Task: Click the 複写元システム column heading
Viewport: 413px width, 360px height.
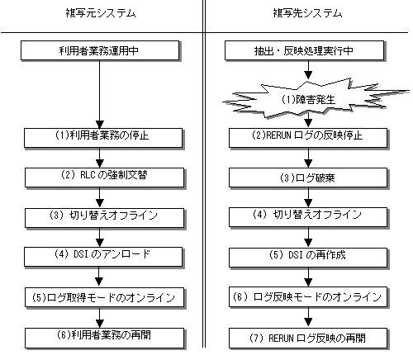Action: click(101, 13)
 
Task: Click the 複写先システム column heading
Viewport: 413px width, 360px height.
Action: click(307, 13)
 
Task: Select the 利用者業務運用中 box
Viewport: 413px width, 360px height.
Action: click(100, 50)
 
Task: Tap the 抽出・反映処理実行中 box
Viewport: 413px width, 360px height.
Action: click(304, 50)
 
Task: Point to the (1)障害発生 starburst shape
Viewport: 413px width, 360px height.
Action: click(308, 99)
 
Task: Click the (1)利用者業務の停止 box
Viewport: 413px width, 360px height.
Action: click(103, 138)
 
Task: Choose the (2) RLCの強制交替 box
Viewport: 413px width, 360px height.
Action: click(104, 178)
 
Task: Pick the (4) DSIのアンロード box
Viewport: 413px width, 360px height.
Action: click(103, 257)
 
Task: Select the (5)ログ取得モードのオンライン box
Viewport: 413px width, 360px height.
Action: click(104, 297)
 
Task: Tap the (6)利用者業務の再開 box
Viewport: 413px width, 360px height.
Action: click(104, 338)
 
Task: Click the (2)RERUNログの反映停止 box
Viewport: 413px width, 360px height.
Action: click(308, 138)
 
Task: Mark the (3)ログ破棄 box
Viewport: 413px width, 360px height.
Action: click(308, 178)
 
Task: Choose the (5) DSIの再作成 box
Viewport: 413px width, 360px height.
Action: click(308, 258)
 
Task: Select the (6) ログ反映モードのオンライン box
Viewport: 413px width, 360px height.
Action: click(308, 297)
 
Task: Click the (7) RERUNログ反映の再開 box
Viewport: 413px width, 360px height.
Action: click(308, 338)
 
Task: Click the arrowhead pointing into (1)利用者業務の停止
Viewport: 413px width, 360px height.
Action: click(100, 125)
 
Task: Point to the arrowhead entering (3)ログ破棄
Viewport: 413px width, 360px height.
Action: click(308, 164)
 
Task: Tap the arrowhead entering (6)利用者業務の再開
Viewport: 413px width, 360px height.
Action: click(100, 324)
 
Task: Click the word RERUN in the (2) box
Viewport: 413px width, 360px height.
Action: click(278, 135)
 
